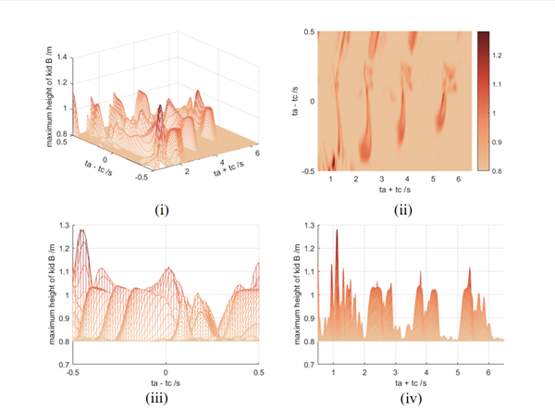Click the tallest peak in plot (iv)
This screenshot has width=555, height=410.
[337, 230]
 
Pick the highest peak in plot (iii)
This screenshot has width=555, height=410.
[82, 230]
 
